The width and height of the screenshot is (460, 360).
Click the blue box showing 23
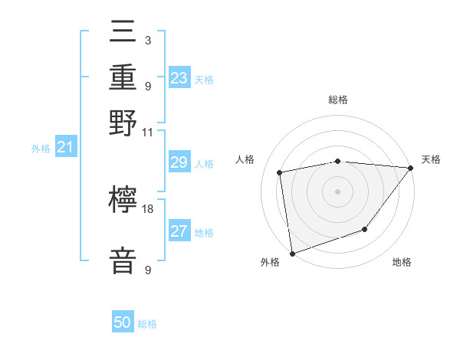click(179, 78)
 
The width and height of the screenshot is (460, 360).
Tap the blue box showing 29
click(179, 162)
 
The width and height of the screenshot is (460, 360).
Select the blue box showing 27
click(179, 231)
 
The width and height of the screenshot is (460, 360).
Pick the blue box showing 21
click(64, 147)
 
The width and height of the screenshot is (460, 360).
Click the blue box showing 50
click(123, 322)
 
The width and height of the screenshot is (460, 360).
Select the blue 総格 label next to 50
click(147, 324)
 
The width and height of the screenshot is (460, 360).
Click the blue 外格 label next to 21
click(41, 149)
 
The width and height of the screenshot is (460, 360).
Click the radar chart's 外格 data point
click(292, 253)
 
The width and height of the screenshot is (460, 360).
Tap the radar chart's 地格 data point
click(365, 229)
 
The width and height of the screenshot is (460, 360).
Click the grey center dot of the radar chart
click(337, 191)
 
